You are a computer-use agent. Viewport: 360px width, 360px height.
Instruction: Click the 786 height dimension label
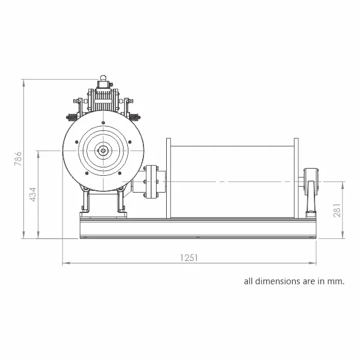[x=18, y=158]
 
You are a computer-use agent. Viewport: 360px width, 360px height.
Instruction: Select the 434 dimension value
[x=33, y=194]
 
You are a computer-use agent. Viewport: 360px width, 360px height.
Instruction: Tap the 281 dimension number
[x=337, y=211]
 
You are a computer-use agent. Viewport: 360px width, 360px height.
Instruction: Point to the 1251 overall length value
[x=189, y=258]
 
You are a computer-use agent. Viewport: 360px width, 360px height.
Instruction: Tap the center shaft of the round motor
[x=103, y=151]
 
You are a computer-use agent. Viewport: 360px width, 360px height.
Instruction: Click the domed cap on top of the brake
[x=103, y=77]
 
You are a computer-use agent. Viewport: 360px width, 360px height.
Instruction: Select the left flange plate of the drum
[x=169, y=178]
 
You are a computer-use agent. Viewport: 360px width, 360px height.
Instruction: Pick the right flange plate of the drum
[x=296, y=178]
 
